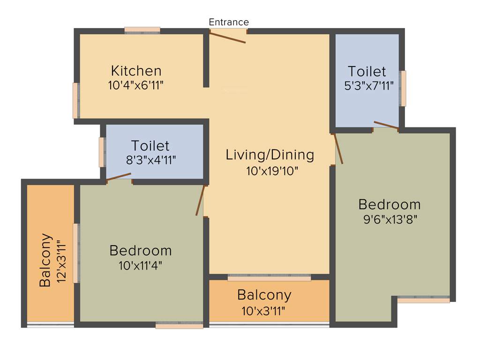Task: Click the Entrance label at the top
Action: [x=229, y=22]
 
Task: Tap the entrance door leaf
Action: [x=228, y=37]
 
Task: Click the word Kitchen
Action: [x=136, y=71]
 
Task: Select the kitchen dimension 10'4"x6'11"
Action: [x=136, y=85]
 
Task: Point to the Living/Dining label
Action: [x=270, y=155]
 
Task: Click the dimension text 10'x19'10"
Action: [x=272, y=171]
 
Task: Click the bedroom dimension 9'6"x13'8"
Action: [x=390, y=219]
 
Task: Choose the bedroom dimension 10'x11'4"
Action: [x=141, y=265]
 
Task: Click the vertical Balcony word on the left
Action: [x=45, y=260]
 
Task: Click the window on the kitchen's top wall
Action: [x=142, y=31]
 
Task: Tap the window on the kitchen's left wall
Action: [x=75, y=100]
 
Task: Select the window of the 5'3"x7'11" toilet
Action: [x=403, y=88]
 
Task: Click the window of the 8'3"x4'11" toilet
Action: [x=101, y=152]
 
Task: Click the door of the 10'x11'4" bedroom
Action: [x=201, y=201]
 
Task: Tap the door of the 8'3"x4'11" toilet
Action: [x=119, y=176]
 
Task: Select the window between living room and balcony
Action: [x=269, y=278]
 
